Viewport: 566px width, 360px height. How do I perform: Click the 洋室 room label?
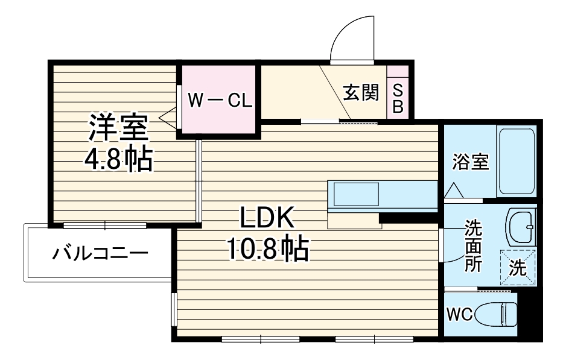(x=119, y=128)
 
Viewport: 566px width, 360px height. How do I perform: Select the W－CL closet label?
(x=218, y=100)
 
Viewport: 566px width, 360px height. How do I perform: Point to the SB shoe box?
(x=398, y=98)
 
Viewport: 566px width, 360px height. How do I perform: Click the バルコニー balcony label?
(x=99, y=253)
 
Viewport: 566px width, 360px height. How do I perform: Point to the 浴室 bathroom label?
(x=470, y=162)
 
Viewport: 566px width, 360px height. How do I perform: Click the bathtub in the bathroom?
(x=517, y=161)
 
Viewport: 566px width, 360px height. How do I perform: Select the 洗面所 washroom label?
(x=472, y=247)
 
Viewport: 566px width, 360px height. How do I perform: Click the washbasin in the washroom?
(x=520, y=225)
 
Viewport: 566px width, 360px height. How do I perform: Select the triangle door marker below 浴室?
(x=454, y=191)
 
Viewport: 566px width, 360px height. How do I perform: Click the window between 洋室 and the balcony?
(x=105, y=226)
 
